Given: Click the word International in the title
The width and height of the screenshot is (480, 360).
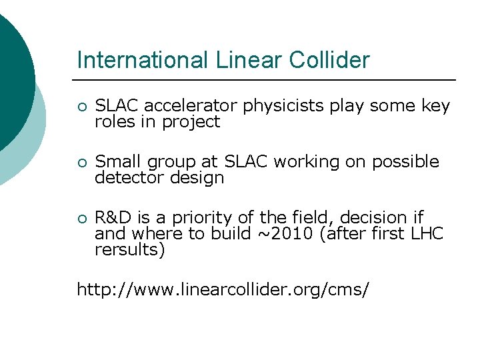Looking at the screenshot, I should click(143, 60).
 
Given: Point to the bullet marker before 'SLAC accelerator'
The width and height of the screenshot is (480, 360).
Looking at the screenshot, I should click(81, 107).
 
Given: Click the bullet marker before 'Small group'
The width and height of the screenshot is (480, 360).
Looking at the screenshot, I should click(81, 163).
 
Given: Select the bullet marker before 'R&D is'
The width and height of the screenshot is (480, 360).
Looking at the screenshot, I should click(81, 219).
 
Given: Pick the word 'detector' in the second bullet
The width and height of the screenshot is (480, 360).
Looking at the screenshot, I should click(125, 178).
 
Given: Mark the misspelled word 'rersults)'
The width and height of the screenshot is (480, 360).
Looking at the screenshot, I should click(129, 250).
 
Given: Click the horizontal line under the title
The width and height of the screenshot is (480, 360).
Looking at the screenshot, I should click(267, 80).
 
